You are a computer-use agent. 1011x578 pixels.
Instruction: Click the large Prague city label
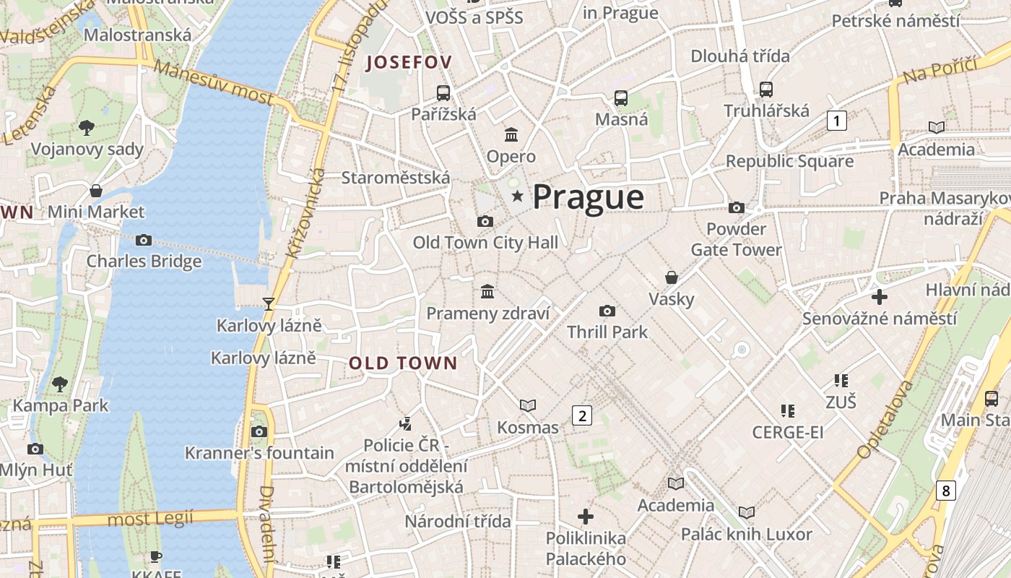tap(588, 197)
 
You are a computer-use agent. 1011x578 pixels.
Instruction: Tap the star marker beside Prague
tap(517, 196)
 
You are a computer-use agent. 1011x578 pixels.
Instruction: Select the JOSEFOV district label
tap(409, 63)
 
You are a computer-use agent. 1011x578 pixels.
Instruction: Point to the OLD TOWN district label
tap(404, 363)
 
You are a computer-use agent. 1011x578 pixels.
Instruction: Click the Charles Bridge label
tap(144, 261)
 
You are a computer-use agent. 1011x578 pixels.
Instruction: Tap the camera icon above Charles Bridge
tap(144, 240)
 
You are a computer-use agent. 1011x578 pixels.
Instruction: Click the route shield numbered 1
tap(836, 121)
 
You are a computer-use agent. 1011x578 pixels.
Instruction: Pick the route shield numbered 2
tap(582, 415)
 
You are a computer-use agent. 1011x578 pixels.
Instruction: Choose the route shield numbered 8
tap(945, 491)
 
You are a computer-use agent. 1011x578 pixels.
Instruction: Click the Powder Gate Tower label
tap(736, 239)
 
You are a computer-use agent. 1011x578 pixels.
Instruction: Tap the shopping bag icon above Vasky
tap(672, 277)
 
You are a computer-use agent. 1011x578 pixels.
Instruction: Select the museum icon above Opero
tap(511, 134)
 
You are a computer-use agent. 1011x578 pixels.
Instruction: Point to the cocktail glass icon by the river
tap(269, 303)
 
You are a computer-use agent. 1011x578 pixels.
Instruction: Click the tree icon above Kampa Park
tap(60, 384)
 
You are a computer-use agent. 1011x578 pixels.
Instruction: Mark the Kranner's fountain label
tap(259, 453)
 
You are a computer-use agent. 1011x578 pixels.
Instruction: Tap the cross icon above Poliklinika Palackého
tap(586, 517)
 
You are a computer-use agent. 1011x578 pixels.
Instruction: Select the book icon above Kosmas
tap(528, 406)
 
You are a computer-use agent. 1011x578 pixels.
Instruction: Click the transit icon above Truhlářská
tap(766, 90)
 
